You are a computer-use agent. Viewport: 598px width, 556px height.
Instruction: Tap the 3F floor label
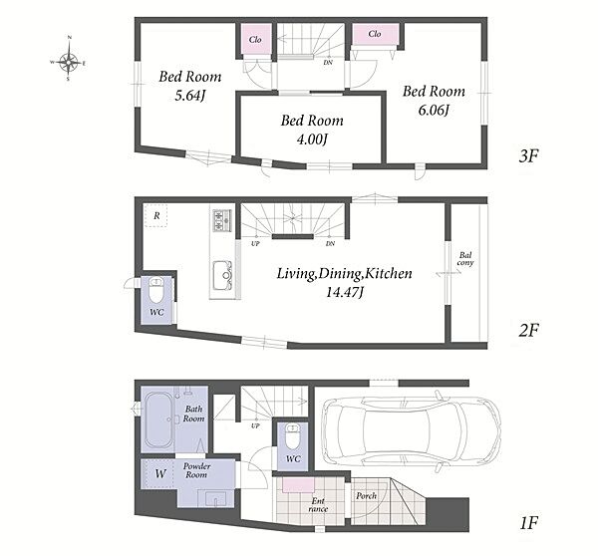tap(528, 155)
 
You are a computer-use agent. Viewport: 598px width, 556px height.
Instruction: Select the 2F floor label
tap(528, 330)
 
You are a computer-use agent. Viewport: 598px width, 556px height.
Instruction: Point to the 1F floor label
tap(528, 523)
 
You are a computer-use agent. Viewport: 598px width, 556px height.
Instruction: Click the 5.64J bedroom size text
tap(190, 96)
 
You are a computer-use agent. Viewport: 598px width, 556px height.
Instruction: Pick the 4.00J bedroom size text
tap(312, 139)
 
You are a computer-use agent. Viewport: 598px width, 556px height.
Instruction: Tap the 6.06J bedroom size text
tap(434, 110)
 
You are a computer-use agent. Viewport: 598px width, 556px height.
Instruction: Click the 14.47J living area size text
tap(345, 292)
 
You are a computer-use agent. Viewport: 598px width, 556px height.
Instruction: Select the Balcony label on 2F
tap(465, 258)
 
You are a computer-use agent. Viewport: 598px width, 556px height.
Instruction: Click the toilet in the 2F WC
tap(156, 290)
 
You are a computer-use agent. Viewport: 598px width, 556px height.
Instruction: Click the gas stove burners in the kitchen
tap(221, 220)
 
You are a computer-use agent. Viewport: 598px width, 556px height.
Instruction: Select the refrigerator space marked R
tap(156, 216)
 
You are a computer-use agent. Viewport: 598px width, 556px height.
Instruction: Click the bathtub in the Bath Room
tap(158, 419)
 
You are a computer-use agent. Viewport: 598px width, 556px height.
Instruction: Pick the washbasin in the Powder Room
tap(216, 499)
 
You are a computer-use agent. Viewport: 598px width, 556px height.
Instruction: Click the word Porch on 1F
tap(366, 496)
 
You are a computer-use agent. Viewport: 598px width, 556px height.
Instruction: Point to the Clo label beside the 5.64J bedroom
tap(255, 39)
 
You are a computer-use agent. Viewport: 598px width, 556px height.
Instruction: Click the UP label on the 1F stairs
tap(255, 425)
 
